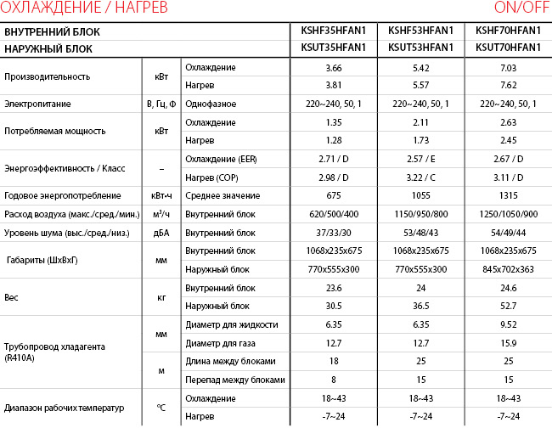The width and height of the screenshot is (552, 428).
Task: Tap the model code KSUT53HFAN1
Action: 420,48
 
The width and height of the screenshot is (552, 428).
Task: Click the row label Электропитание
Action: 37,104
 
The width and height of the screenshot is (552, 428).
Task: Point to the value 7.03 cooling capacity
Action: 509,67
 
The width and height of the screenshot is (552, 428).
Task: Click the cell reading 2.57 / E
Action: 420,159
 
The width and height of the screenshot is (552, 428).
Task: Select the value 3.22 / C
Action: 420,177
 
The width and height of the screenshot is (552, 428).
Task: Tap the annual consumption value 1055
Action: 420,195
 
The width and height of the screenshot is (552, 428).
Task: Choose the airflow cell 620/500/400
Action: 332,214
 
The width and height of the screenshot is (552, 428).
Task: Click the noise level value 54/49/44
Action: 509,232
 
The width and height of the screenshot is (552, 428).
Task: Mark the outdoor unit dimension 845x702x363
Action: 509,268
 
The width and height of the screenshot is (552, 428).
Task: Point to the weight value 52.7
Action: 509,306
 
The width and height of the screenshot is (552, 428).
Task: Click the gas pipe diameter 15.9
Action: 509,342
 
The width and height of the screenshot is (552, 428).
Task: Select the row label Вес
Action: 12,296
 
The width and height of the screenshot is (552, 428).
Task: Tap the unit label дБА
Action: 161,232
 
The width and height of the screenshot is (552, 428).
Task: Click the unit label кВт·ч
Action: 161,195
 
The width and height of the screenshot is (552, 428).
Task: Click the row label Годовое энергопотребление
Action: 53,195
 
